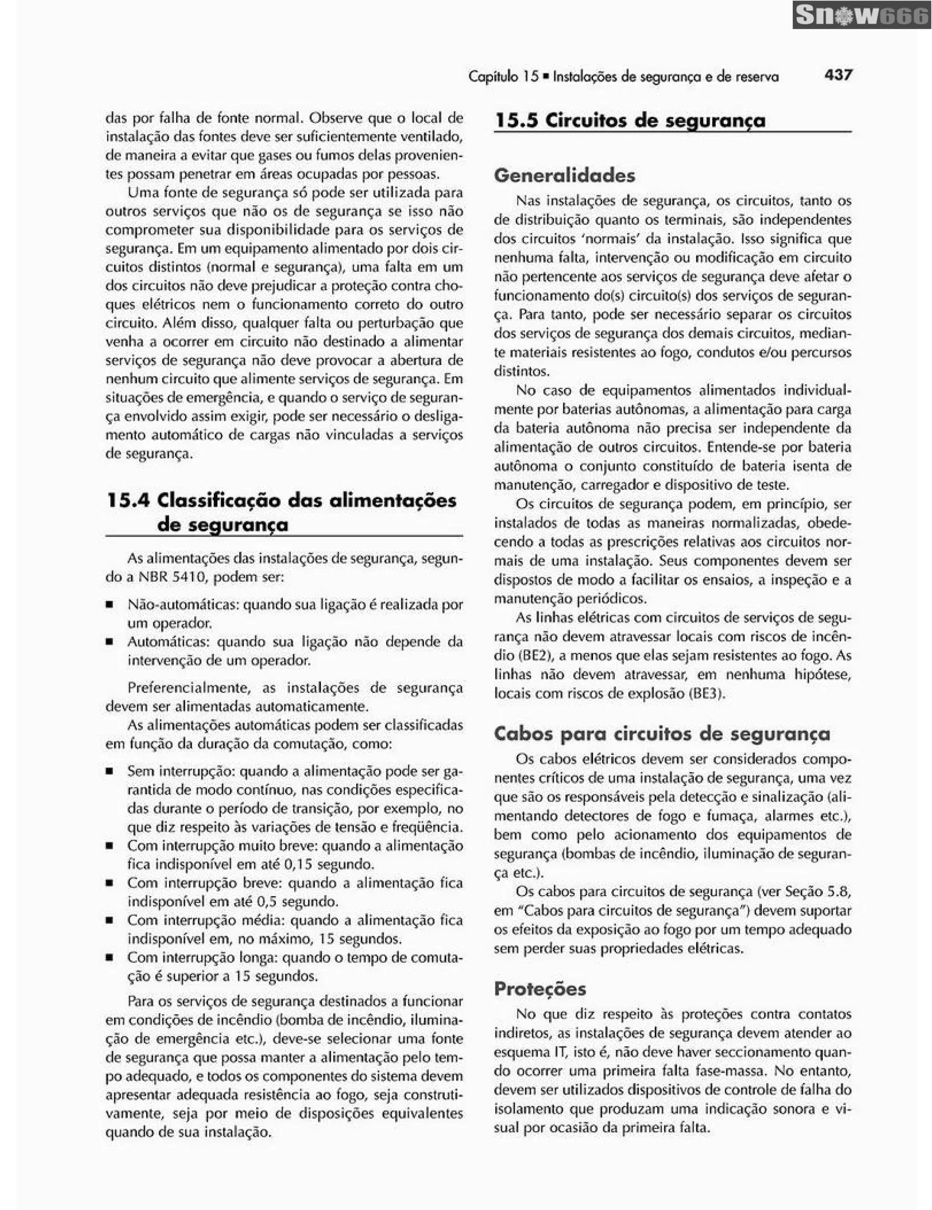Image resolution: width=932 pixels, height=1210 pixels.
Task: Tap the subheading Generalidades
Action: point(564,176)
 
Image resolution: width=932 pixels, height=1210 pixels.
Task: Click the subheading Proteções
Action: point(540,989)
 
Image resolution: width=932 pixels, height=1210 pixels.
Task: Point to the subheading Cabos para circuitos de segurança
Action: point(662,734)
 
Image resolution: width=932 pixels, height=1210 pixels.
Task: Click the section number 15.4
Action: point(127,501)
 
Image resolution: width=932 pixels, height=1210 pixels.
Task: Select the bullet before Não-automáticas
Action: point(110,605)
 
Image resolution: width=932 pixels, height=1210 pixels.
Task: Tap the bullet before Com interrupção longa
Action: point(110,958)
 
